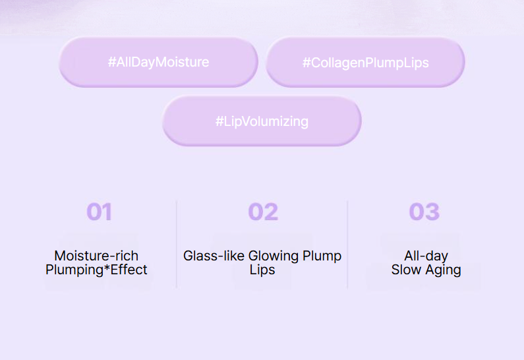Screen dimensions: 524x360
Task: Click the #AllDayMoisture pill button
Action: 158,62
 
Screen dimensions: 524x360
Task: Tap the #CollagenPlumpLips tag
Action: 365,62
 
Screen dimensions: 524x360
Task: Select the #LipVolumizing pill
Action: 262,121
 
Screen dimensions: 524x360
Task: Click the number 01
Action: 99,212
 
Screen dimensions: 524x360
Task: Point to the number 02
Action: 263,212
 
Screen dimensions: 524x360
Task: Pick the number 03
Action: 424,212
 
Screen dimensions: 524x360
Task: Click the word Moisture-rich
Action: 96,256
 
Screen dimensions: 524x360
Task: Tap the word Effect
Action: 129,270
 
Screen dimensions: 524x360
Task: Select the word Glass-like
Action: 214,256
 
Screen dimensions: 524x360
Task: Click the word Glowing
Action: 274,256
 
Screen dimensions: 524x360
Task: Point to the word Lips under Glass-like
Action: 262,270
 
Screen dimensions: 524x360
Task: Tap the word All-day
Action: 426,256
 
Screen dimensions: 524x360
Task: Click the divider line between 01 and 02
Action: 177,245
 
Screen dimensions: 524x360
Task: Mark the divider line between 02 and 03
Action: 347,245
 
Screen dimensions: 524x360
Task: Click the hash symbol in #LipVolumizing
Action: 219,121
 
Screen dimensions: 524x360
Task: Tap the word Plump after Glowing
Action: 322,256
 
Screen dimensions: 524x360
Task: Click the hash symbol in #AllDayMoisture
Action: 111,62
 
